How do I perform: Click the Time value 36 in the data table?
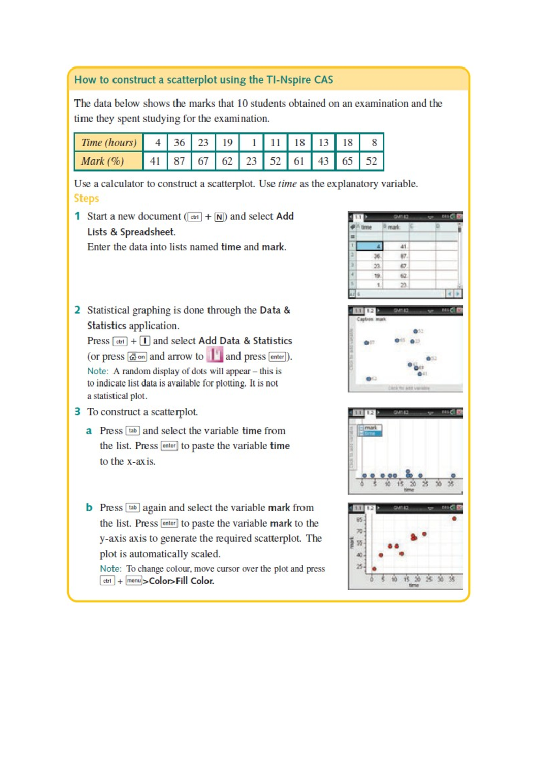[x=179, y=143]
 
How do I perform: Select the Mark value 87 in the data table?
[x=179, y=161]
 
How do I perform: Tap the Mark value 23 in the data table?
[x=251, y=161]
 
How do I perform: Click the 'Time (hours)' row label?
[x=108, y=143]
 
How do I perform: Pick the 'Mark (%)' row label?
[x=103, y=161]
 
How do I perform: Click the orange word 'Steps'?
[x=86, y=198]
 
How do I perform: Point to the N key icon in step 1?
[x=219, y=217]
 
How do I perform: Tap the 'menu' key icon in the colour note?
[x=134, y=581]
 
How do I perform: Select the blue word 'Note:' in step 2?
[x=97, y=372]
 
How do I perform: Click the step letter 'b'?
[x=89, y=508]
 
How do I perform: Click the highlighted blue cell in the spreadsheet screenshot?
[x=369, y=246]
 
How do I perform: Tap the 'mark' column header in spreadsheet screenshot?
[x=394, y=227]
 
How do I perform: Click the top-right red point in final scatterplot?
[x=454, y=519]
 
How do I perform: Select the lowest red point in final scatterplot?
[x=374, y=569]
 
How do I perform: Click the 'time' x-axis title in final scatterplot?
[x=413, y=585]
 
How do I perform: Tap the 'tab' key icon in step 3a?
[x=133, y=431]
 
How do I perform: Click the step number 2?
[x=77, y=310]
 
